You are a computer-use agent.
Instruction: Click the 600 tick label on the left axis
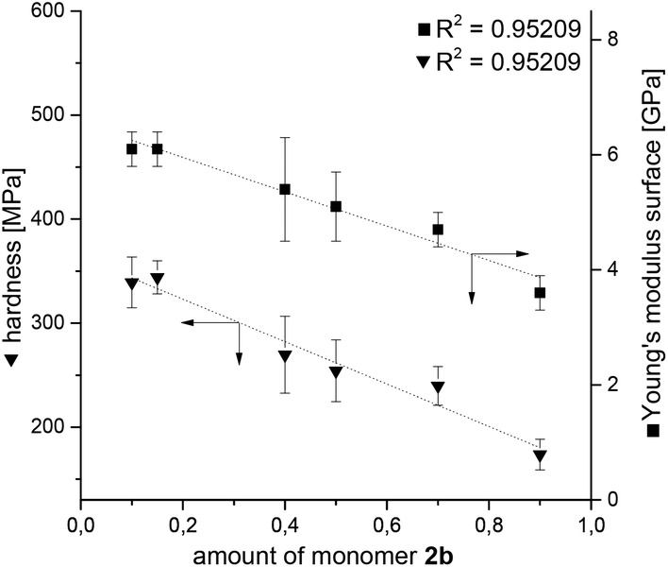pyautogui.click(x=52, y=11)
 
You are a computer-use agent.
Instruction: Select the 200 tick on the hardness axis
pyautogui.click(x=52, y=427)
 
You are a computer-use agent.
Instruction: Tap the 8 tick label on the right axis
pyautogui.click(x=610, y=39)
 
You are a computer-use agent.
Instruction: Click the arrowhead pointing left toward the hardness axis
pyautogui.click(x=187, y=323)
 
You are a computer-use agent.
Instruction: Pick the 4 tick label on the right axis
pyautogui.click(x=610, y=269)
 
